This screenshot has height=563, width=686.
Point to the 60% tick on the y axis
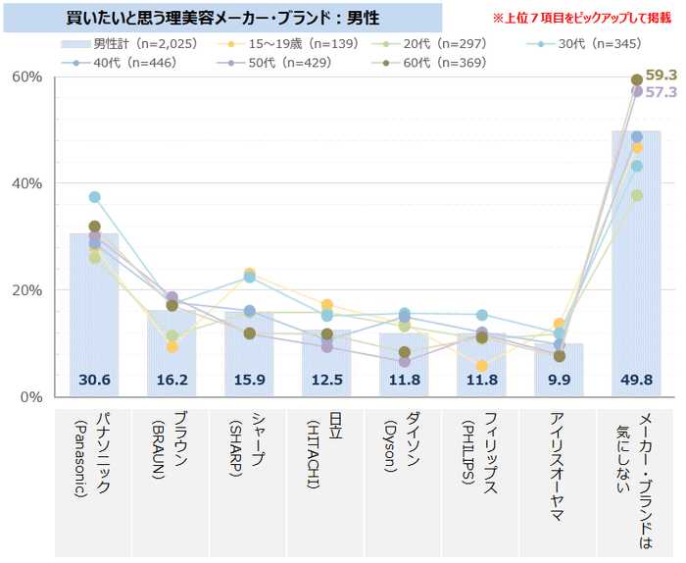[27, 77]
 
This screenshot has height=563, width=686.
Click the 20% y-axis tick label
[27, 290]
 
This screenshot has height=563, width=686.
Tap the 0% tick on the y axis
[31, 397]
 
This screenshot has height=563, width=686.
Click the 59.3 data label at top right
[662, 75]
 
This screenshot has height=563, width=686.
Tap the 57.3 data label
[662, 92]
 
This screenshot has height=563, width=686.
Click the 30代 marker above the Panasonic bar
[94, 197]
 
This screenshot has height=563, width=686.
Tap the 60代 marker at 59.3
[637, 79]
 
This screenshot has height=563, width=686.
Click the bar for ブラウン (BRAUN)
[171, 353]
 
